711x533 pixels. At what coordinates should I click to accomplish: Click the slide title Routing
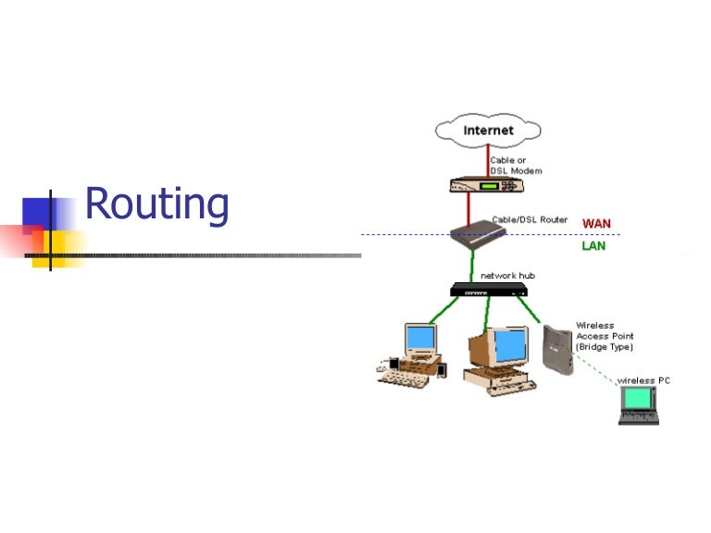tap(156, 204)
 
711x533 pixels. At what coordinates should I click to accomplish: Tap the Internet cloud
tap(488, 130)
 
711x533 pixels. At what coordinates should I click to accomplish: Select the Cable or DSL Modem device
tap(487, 184)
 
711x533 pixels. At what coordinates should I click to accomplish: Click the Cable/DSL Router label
tap(529, 220)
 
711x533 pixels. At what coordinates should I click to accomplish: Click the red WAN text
tap(596, 224)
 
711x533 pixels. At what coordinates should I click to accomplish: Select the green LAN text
tap(593, 247)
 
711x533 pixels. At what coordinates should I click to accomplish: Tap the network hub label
tap(507, 276)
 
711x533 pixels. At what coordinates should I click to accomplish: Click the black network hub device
tap(489, 291)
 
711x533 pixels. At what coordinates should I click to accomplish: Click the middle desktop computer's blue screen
tap(508, 345)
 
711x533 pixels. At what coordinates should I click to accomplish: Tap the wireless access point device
tap(557, 349)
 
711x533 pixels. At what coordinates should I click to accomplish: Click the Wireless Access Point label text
tap(604, 336)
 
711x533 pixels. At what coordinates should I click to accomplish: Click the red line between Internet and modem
tap(488, 160)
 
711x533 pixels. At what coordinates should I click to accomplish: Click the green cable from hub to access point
tap(531, 310)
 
